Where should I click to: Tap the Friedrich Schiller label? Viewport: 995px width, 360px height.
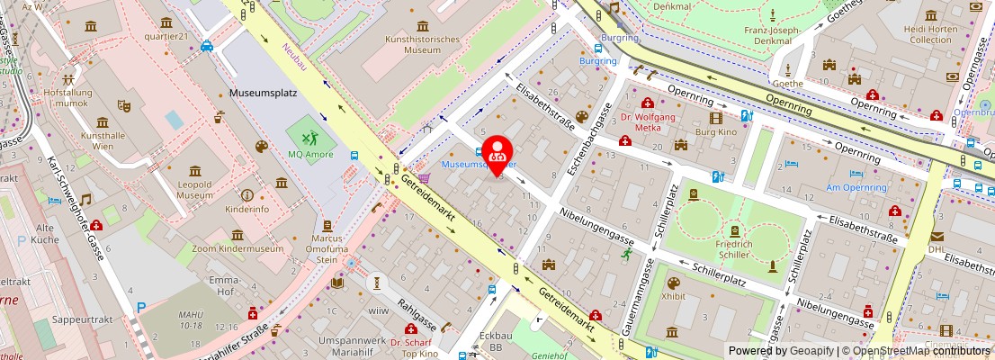(x=728, y=250)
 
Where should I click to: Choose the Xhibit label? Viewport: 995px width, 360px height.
(x=673, y=295)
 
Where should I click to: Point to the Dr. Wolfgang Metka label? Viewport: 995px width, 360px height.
(x=648, y=122)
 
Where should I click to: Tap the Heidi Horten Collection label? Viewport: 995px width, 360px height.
(x=930, y=34)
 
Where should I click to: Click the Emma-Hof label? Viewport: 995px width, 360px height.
(x=223, y=286)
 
